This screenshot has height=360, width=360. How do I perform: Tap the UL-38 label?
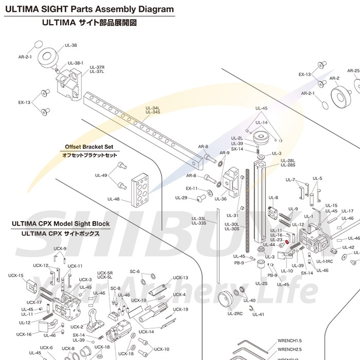(71, 45)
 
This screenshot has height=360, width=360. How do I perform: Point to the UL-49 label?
(101, 175)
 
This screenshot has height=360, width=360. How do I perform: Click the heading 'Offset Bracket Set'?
(89, 147)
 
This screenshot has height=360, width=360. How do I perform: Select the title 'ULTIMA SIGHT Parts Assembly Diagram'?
(89, 9)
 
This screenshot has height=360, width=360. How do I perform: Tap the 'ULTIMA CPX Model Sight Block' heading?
(60, 224)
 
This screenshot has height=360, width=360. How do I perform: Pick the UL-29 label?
(181, 197)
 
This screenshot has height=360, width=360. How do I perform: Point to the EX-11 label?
(191, 188)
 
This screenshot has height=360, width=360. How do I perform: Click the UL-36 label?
(220, 199)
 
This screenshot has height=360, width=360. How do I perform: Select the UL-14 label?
(261, 122)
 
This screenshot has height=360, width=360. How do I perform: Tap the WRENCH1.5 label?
(290, 340)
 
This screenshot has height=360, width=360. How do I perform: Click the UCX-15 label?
(15, 275)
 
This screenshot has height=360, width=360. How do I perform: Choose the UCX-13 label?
(180, 277)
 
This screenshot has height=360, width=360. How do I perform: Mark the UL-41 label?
(258, 314)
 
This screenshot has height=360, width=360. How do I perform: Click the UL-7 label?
(290, 179)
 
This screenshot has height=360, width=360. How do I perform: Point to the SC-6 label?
(135, 271)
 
